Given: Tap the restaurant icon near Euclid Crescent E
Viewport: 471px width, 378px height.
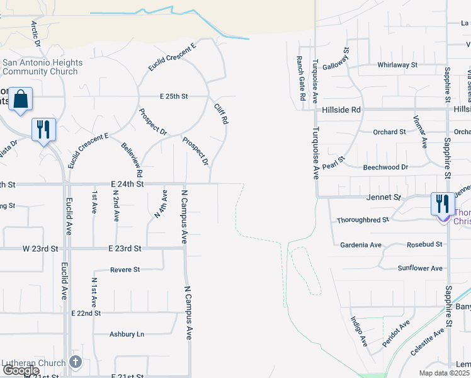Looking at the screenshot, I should pyautogui.click(x=43, y=130).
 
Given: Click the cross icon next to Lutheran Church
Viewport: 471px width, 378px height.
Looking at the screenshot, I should pyautogui.click(x=76, y=362).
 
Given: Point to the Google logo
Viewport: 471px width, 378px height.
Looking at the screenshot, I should pyautogui.click(x=21, y=370).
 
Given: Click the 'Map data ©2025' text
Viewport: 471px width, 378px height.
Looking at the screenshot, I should pyautogui.click(x=443, y=373).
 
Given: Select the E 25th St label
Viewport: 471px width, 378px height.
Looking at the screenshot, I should pyautogui.click(x=174, y=96).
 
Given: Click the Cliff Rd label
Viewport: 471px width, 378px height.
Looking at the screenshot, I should pyautogui.click(x=220, y=114).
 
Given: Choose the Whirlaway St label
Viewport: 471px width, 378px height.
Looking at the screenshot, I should pyautogui.click(x=397, y=64).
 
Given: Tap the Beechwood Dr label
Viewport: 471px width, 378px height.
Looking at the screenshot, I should pyautogui.click(x=385, y=168).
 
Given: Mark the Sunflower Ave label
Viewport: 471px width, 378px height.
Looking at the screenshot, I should pyautogui.click(x=420, y=268).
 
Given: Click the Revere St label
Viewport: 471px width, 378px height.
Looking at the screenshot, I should pyautogui.click(x=125, y=270).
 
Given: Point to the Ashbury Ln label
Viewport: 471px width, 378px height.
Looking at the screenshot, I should pyautogui.click(x=127, y=335).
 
